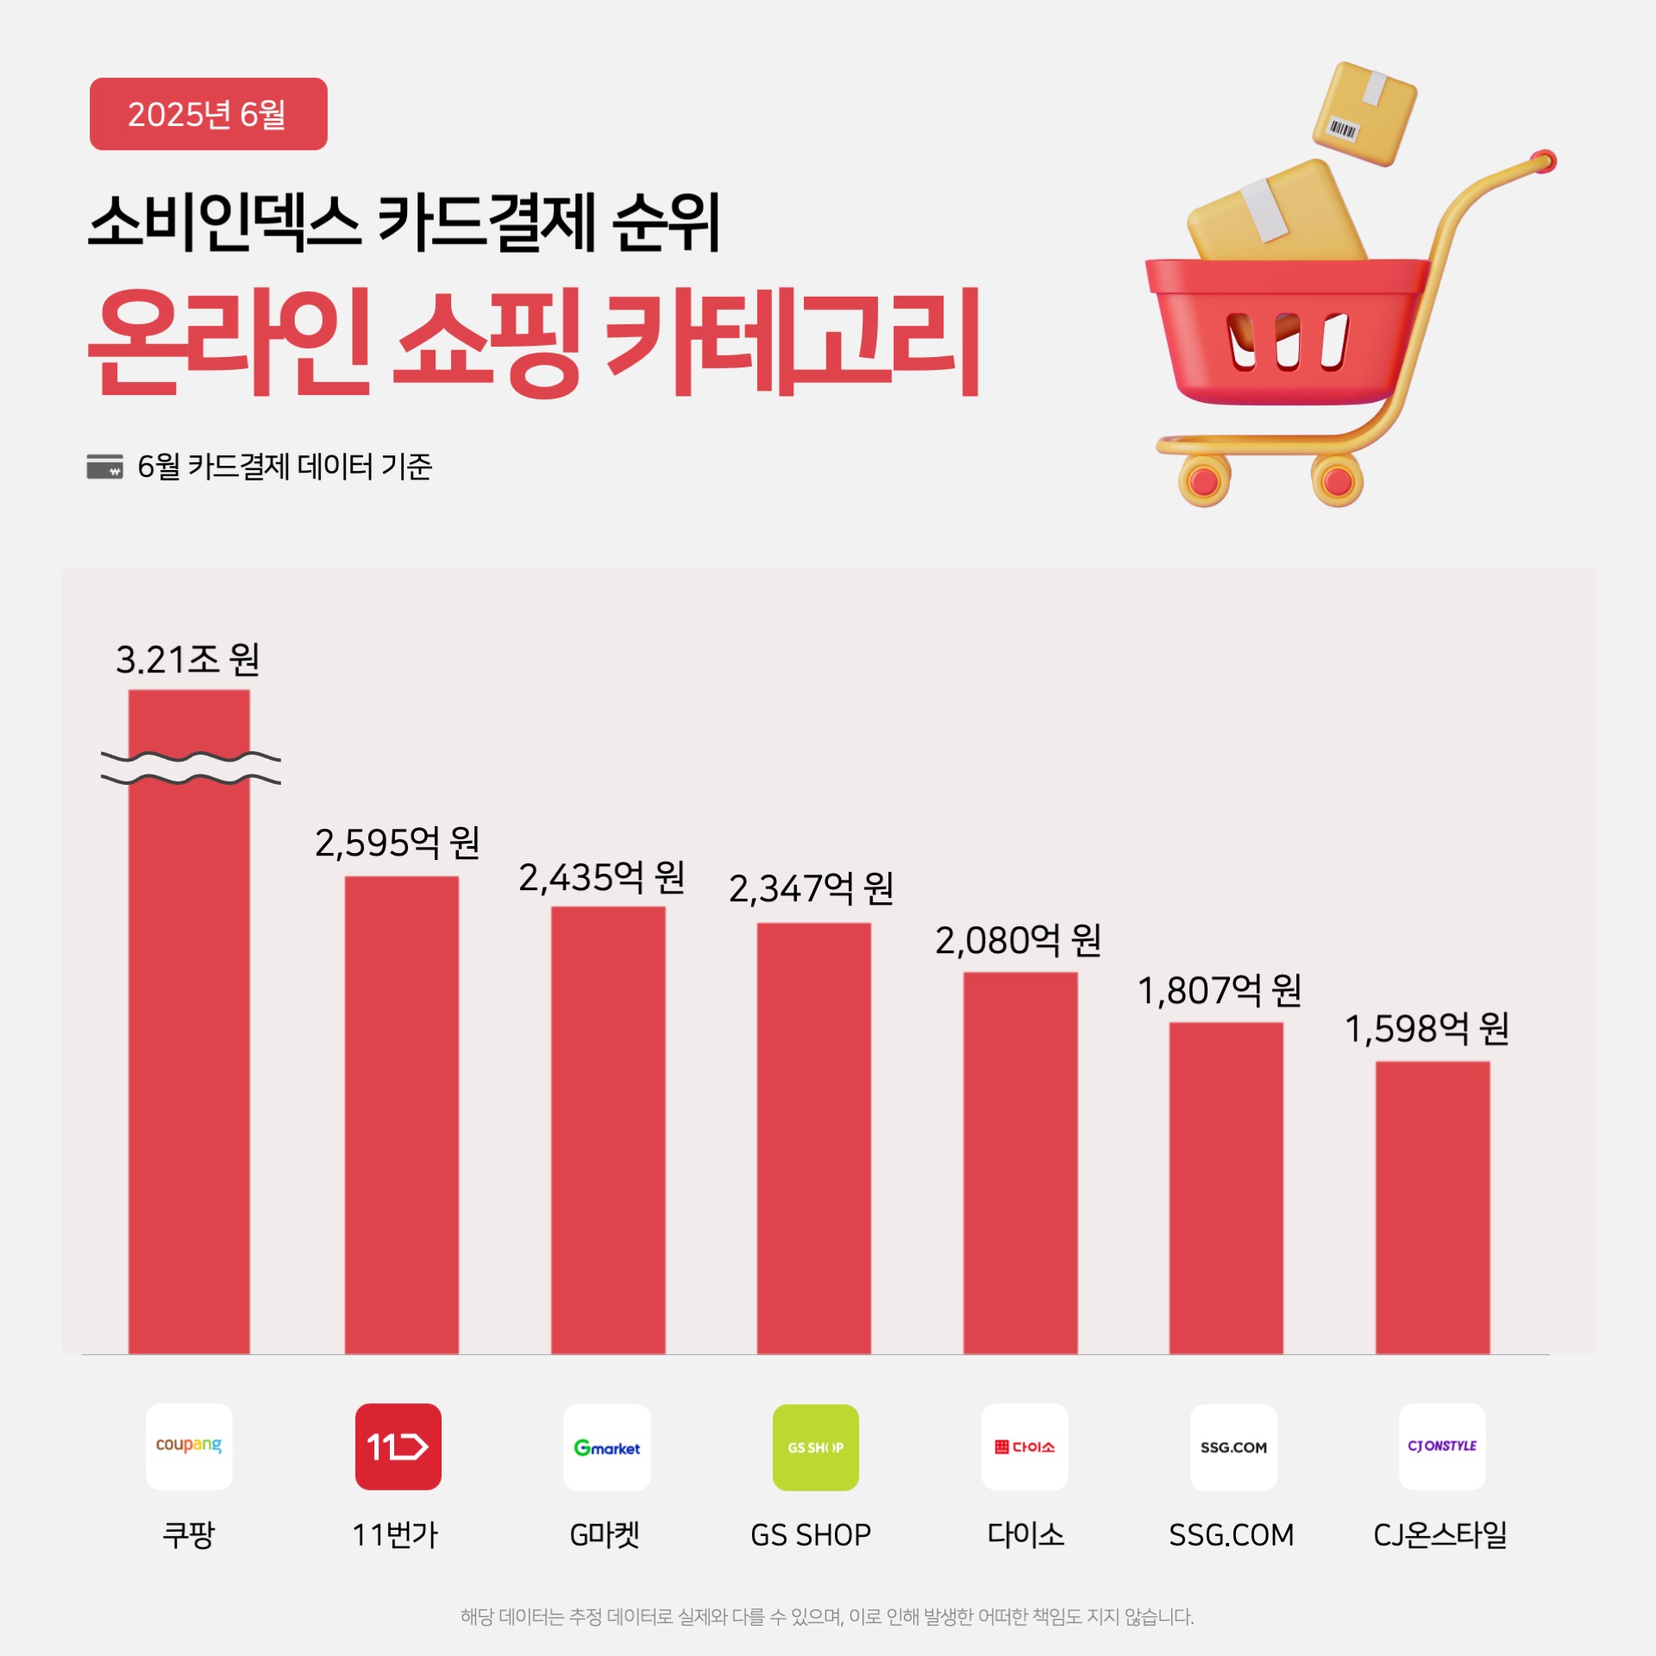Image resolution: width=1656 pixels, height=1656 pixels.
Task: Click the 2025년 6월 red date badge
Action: click(208, 114)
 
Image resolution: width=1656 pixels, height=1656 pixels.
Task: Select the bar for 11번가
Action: click(401, 1114)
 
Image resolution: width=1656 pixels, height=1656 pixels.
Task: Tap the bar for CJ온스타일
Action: click(1432, 1207)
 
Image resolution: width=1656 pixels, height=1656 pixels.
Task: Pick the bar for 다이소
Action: click(1019, 1162)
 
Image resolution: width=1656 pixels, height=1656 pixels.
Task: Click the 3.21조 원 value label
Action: click(187, 660)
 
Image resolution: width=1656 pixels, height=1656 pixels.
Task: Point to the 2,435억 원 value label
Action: click(601, 878)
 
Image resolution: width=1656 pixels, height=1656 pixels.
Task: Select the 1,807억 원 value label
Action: click(1219, 991)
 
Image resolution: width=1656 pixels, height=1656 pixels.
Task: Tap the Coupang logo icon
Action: click(189, 1446)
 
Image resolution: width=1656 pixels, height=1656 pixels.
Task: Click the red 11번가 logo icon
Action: click(398, 1446)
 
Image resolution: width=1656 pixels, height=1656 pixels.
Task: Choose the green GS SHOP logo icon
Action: click(815, 1447)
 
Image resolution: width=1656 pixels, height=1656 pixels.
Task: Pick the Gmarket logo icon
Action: click(606, 1447)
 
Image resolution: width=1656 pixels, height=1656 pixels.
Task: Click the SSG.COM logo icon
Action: click(1233, 1447)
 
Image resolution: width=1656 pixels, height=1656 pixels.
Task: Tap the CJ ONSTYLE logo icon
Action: click(1441, 1446)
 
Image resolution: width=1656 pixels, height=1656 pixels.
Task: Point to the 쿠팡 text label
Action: click(188, 1535)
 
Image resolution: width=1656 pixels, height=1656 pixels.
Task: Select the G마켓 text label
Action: click(605, 1535)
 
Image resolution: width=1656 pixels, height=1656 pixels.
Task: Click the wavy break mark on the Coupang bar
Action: click(191, 768)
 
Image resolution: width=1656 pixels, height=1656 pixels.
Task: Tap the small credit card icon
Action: click(104, 467)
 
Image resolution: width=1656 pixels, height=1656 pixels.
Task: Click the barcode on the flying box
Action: click(1343, 130)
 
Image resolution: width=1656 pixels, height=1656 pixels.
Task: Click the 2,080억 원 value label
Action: click(1018, 941)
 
